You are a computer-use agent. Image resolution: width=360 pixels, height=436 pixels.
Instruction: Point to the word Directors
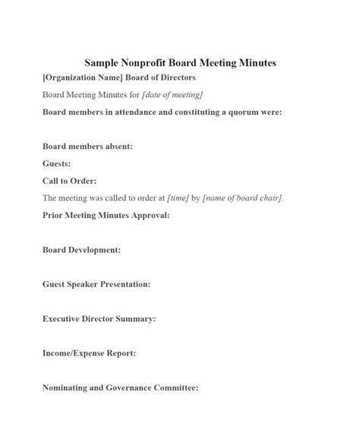tap(175, 77)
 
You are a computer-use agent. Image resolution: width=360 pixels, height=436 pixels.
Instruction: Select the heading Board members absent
tap(87, 147)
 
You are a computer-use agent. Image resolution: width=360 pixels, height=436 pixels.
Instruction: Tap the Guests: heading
tap(57, 163)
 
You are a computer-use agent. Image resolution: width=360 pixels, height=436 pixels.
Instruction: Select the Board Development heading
tap(81, 250)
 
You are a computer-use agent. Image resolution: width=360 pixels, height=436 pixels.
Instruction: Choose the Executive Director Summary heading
tap(99, 319)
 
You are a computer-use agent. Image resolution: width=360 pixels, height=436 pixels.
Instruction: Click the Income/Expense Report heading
tap(89, 353)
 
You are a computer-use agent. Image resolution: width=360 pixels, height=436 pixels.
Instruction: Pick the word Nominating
tap(68, 387)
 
